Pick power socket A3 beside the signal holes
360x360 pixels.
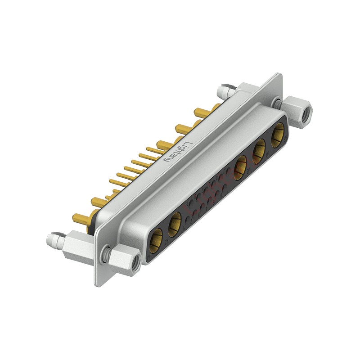click(x=241, y=165)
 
